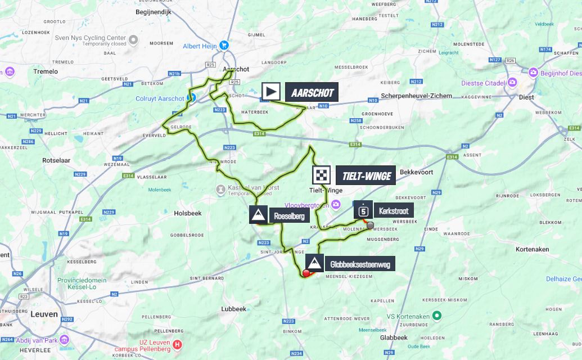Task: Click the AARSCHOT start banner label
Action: click(x=312, y=93)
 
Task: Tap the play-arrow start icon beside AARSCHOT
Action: click(x=271, y=92)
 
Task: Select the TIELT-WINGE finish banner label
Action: click(x=366, y=176)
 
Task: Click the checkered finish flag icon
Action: click(x=322, y=176)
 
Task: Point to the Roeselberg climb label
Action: click(x=289, y=215)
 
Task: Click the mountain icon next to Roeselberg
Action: click(x=259, y=214)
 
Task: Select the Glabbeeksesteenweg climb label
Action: click(x=360, y=263)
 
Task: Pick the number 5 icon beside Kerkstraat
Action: click(x=364, y=211)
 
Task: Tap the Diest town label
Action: click(x=527, y=96)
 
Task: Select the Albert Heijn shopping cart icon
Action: click(x=224, y=45)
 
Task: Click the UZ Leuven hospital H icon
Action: click(x=178, y=344)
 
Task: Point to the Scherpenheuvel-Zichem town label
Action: click(x=416, y=96)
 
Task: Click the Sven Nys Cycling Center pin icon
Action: click(x=133, y=39)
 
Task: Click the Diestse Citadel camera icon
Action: click(x=512, y=83)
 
